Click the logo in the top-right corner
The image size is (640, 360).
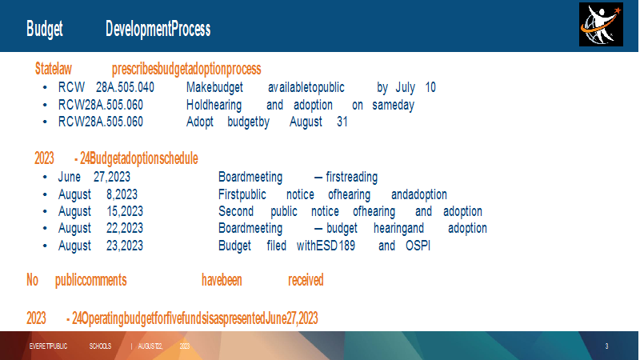click(601, 24)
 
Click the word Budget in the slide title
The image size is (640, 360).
click(45, 30)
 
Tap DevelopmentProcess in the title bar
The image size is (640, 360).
click(158, 29)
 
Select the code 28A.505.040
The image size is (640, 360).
click(125, 87)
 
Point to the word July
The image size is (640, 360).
click(406, 88)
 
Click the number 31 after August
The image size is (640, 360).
click(342, 122)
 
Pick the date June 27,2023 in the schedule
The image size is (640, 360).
click(94, 177)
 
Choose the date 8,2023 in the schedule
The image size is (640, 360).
click(122, 194)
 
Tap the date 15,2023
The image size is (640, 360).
click(125, 211)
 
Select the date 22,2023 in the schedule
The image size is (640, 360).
click(125, 228)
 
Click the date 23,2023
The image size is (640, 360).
click(125, 246)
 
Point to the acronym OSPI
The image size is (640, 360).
click(418, 246)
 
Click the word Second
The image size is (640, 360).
click(236, 211)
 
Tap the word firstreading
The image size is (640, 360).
click(352, 177)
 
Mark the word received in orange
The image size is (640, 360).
click(306, 281)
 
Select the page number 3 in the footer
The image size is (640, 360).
click(606, 346)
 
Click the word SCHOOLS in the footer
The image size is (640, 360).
click(100, 346)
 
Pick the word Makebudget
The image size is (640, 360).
click(214, 87)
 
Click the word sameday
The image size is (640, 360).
click(393, 106)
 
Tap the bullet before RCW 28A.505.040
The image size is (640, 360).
click(45, 88)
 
